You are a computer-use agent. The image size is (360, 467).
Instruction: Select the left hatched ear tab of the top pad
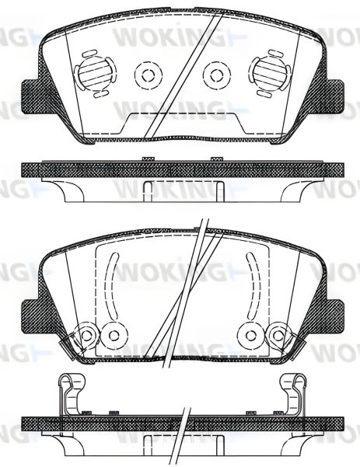pyautogui.click(x=33, y=99)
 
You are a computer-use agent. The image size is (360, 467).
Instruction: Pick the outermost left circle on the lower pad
pyautogui.click(x=86, y=335)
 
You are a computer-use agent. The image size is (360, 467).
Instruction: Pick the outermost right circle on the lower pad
pyautogui.click(x=275, y=335)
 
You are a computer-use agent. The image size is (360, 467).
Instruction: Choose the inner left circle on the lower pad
pyautogui.click(x=114, y=335)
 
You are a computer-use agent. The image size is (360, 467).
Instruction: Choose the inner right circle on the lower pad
pyautogui.click(x=249, y=335)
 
